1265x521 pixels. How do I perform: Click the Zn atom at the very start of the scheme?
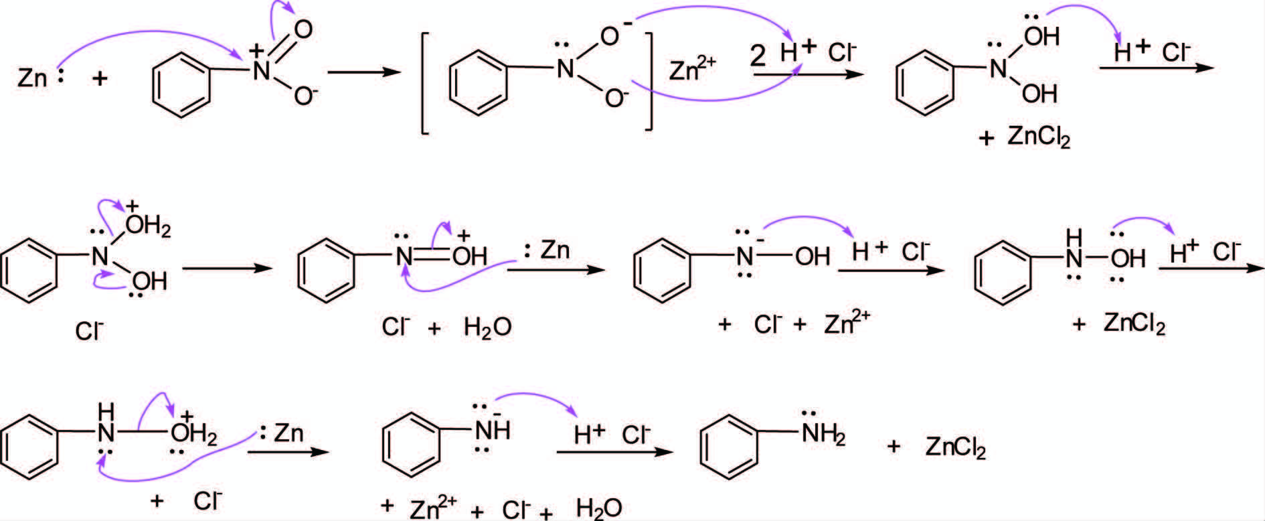(x=32, y=78)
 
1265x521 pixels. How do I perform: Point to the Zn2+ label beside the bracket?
(x=692, y=69)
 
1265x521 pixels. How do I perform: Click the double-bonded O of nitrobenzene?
(x=303, y=29)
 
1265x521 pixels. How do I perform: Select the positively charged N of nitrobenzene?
(x=261, y=71)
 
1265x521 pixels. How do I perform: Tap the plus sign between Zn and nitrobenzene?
(x=100, y=79)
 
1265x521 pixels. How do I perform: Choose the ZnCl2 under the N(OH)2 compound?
(x=1038, y=138)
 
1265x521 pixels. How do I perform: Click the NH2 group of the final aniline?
(x=823, y=435)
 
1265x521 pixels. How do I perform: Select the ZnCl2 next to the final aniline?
(x=955, y=447)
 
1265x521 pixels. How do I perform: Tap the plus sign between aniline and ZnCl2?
(x=894, y=446)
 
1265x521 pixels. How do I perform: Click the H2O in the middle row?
(x=487, y=327)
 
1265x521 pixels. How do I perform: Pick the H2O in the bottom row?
(x=599, y=509)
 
